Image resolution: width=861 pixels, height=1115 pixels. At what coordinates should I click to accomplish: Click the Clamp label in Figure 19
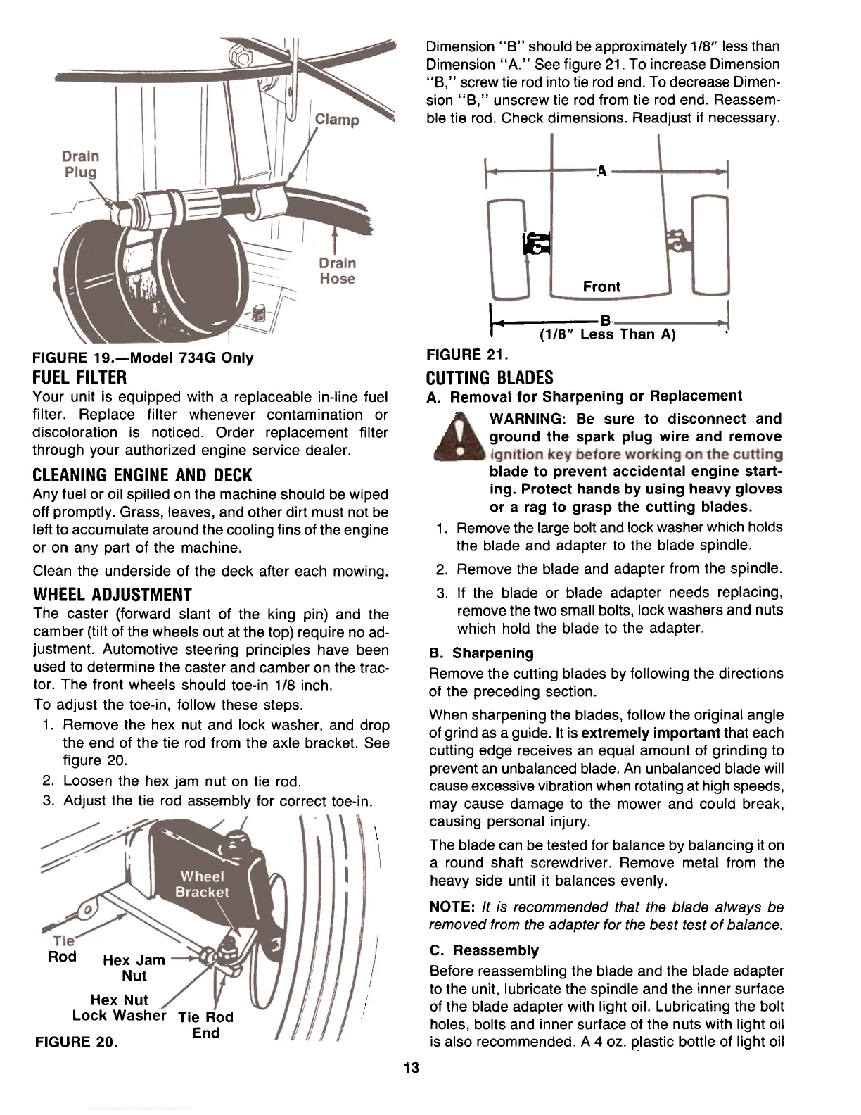[x=336, y=120]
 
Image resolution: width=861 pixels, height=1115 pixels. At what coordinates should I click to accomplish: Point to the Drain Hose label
[x=337, y=271]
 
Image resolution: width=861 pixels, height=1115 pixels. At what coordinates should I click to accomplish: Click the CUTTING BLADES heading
[x=490, y=378]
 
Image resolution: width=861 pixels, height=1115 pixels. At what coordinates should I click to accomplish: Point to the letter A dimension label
[x=601, y=171]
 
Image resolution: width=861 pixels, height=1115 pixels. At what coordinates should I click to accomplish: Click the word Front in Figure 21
[x=601, y=286]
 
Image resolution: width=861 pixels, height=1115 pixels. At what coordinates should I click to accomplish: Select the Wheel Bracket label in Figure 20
[x=202, y=885]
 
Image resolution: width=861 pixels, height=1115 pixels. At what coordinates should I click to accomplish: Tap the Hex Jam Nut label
[x=134, y=968]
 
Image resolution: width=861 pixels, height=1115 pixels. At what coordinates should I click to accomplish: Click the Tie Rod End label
[x=205, y=1025]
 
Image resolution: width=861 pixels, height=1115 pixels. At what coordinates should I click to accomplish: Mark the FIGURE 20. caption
[x=75, y=1041]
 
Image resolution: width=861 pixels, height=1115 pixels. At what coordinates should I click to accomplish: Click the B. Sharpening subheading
[x=481, y=653]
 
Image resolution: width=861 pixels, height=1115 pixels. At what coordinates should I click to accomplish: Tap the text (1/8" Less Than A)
[x=607, y=335]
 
